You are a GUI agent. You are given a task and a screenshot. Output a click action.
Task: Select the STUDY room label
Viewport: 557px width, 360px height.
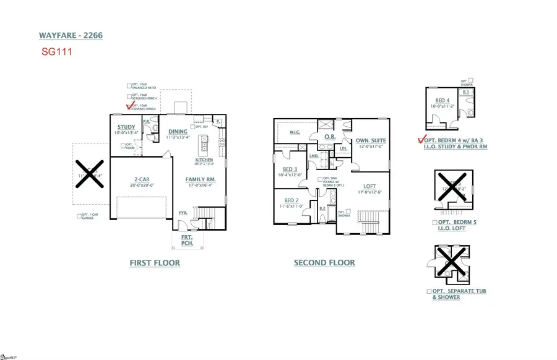126,127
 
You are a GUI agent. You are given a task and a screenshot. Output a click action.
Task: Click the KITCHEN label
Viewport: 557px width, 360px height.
204,160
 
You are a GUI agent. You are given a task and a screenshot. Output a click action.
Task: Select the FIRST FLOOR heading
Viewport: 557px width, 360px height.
155,263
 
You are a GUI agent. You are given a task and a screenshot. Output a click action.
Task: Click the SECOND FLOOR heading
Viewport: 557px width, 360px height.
324,263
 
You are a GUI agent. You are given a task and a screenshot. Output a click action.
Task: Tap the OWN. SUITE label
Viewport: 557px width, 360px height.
371,141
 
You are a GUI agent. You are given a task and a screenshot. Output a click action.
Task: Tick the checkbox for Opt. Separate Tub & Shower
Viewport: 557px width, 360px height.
429,291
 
